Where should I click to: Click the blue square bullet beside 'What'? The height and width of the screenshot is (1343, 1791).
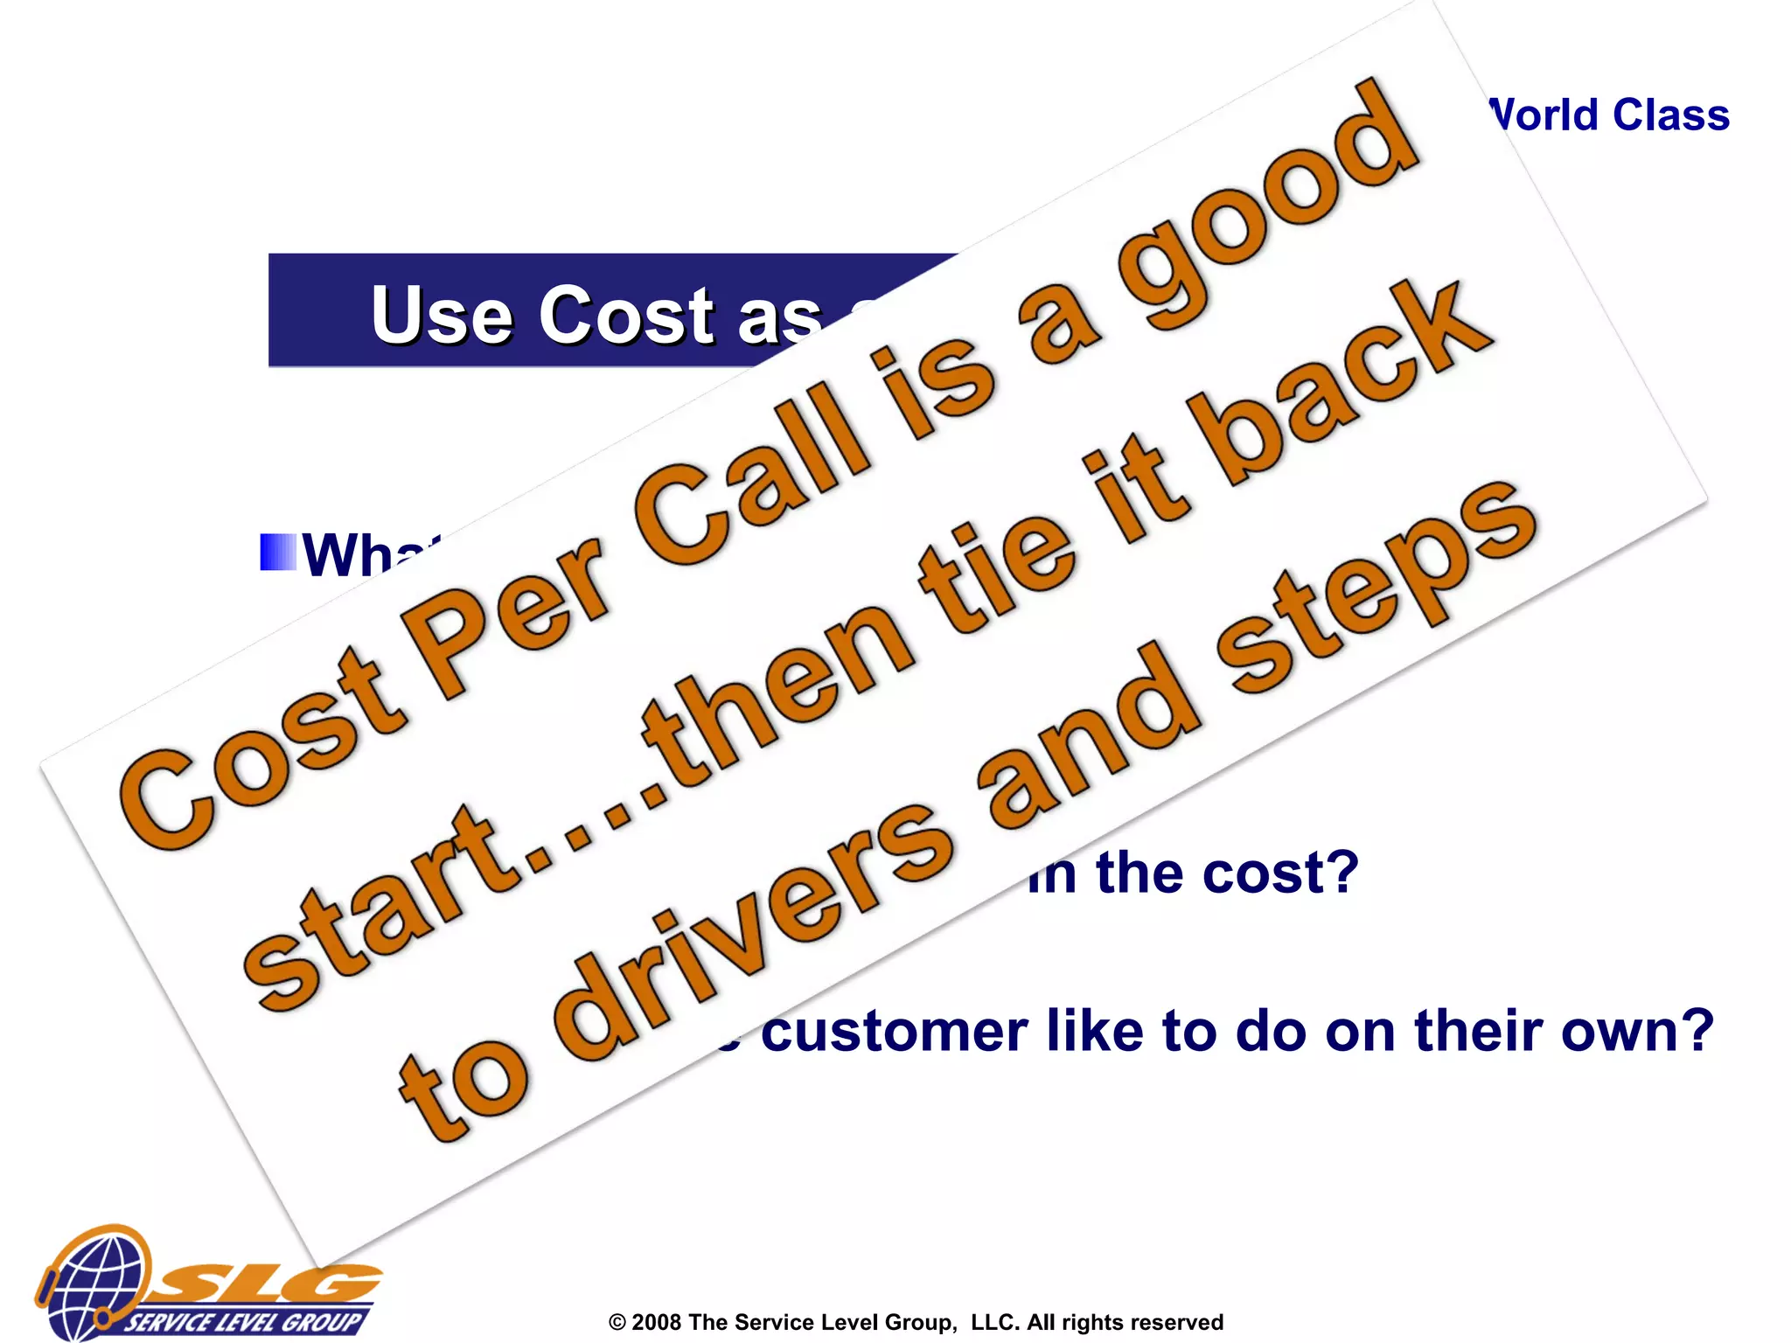tap(278, 552)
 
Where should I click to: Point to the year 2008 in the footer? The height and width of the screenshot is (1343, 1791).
tap(655, 1322)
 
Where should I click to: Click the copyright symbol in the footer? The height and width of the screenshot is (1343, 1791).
tap(617, 1322)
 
